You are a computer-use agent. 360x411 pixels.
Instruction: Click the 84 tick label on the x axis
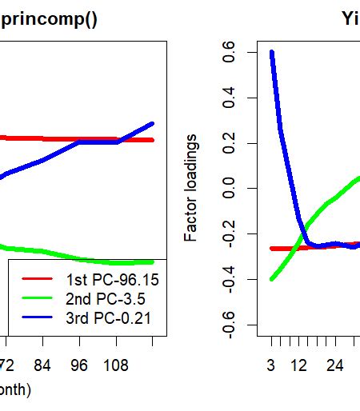[x=43, y=365]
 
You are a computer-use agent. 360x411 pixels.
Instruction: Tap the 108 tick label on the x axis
[x=118, y=365]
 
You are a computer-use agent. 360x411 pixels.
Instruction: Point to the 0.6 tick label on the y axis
[x=230, y=53]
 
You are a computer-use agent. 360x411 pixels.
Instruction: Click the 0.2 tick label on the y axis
[x=230, y=143]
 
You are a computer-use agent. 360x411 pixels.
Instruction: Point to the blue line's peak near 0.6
[x=272, y=53]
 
